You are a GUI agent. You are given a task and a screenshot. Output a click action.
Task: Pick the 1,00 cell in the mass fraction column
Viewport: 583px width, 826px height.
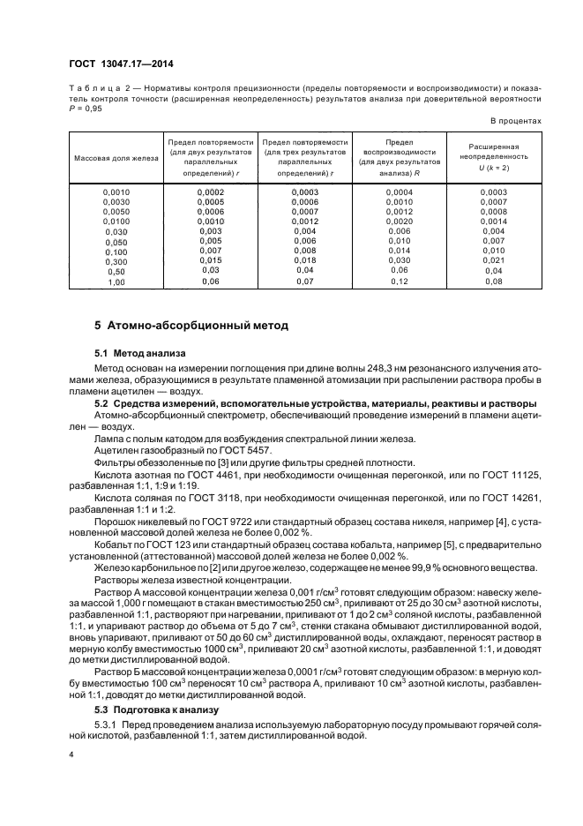coord(116,282)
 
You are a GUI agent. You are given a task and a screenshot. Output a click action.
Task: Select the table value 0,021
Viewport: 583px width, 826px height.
coord(494,261)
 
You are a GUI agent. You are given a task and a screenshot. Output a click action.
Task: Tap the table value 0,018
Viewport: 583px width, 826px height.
coord(305,261)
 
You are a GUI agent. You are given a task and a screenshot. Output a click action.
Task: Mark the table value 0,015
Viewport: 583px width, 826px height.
coord(210,261)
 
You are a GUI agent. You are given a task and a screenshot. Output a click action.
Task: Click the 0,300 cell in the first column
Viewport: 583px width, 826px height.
coord(116,261)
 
